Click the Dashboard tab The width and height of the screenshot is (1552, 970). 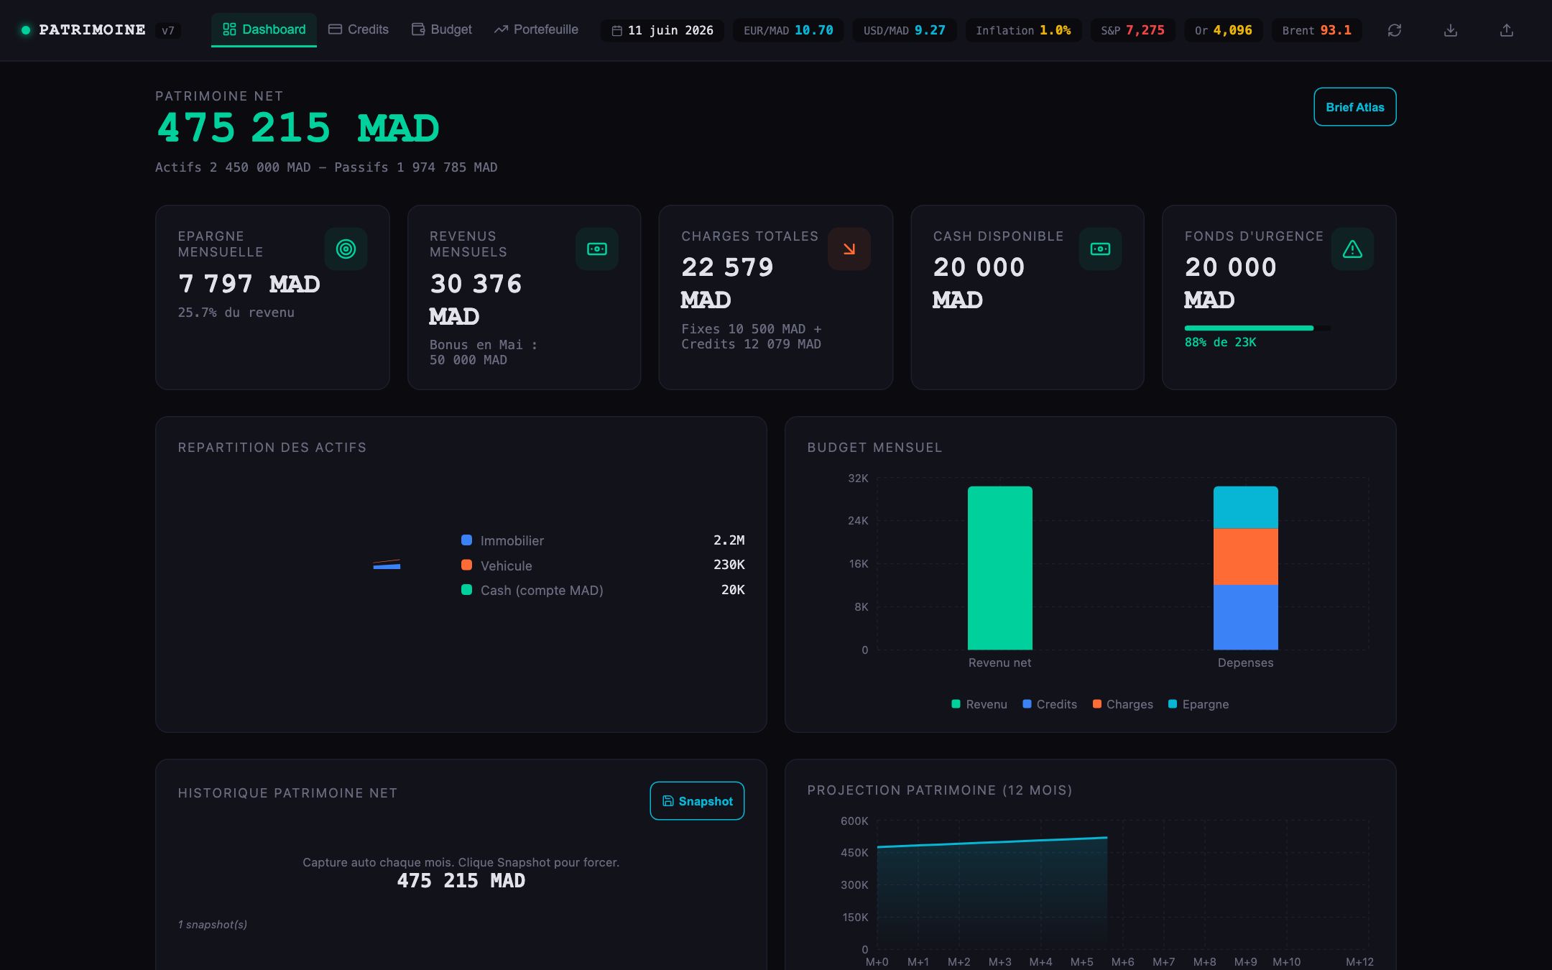click(x=264, y=29)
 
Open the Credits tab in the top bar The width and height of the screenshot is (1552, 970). click(x=359, y=29)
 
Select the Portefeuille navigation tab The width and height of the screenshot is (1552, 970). click(x=536, y=29)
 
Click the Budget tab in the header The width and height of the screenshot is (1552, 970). click(x=442, y=29)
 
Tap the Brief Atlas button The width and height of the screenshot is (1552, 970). click(x=1354, y=107)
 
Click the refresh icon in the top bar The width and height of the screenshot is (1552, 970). click(x=1395, y=30)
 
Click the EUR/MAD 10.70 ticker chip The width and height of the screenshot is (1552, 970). click(x=788, y=30)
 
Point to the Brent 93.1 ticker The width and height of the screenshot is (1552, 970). click(x=1316, y=30)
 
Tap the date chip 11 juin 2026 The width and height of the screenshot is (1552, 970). click(x=662, y=30)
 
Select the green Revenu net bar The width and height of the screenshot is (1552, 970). click(x=999, y=568)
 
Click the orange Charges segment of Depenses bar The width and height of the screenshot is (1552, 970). click(x=1245, y=557)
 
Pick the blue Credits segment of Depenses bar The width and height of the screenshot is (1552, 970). click(x=1245, y=617)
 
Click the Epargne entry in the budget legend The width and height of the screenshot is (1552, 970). click(x=1198, y=704)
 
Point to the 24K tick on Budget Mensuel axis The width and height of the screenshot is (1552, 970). click(x=858, y=520)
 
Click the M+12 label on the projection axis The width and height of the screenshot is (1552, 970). click(x=1359, y=961)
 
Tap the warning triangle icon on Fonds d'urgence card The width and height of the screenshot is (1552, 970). click(x=1352, y=249)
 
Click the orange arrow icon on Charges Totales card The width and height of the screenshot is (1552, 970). click(x=849, y=249)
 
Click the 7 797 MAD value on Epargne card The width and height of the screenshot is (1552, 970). click(x=249, y=284)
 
